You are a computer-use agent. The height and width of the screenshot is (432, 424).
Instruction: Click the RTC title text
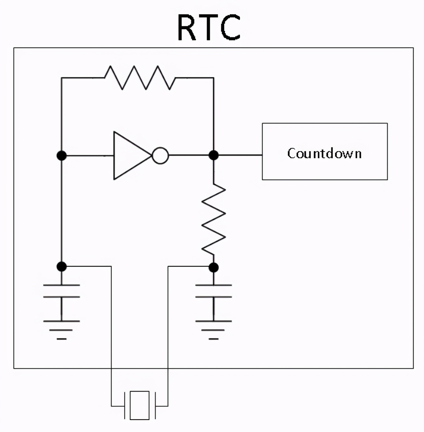209,27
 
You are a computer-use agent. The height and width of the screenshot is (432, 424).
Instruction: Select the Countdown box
325,152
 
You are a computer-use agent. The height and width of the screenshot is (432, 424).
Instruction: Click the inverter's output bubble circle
160,155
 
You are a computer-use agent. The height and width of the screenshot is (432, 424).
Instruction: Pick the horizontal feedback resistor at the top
140,78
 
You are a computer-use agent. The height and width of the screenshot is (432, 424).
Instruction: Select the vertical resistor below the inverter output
214,219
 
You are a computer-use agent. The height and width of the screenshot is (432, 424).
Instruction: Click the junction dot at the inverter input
62,155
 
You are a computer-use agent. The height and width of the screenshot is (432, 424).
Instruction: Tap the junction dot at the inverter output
214,155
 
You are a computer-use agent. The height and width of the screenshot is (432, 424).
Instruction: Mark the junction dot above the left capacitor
62,267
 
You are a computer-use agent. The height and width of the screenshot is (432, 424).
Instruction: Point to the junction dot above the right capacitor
214,268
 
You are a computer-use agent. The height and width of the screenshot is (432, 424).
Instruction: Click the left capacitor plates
62,291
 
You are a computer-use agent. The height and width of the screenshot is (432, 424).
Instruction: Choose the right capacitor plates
214,291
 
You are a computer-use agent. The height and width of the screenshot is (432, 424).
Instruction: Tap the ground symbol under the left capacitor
62,330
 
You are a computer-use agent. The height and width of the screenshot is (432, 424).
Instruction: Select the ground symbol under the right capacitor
214,330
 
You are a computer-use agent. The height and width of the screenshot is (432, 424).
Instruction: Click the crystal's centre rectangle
140,406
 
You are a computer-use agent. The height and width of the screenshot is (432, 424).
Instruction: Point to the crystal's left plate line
125,406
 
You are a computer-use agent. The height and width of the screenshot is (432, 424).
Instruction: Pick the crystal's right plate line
155,406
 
